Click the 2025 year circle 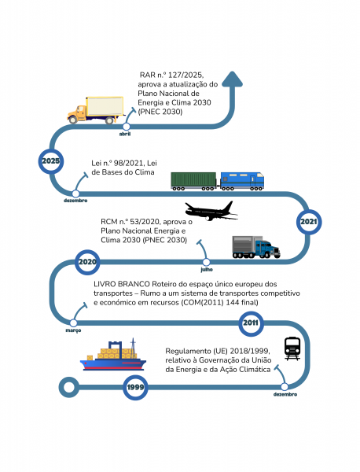(51, 161)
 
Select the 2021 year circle (309, 222)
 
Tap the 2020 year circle (87, 262)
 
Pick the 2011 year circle (251, 323)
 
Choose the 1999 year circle (135, 387)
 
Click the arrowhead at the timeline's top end (232, 79)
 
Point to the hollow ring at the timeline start (69, 387)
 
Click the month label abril (125, 134)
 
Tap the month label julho (207, 269)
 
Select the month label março (73, 330)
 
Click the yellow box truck (96, 110)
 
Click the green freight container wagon (193, 181)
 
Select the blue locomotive (242, 181)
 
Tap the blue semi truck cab (267, 249)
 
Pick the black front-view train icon (292, 348)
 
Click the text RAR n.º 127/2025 (171, 75)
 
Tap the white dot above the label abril (127, 127)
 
